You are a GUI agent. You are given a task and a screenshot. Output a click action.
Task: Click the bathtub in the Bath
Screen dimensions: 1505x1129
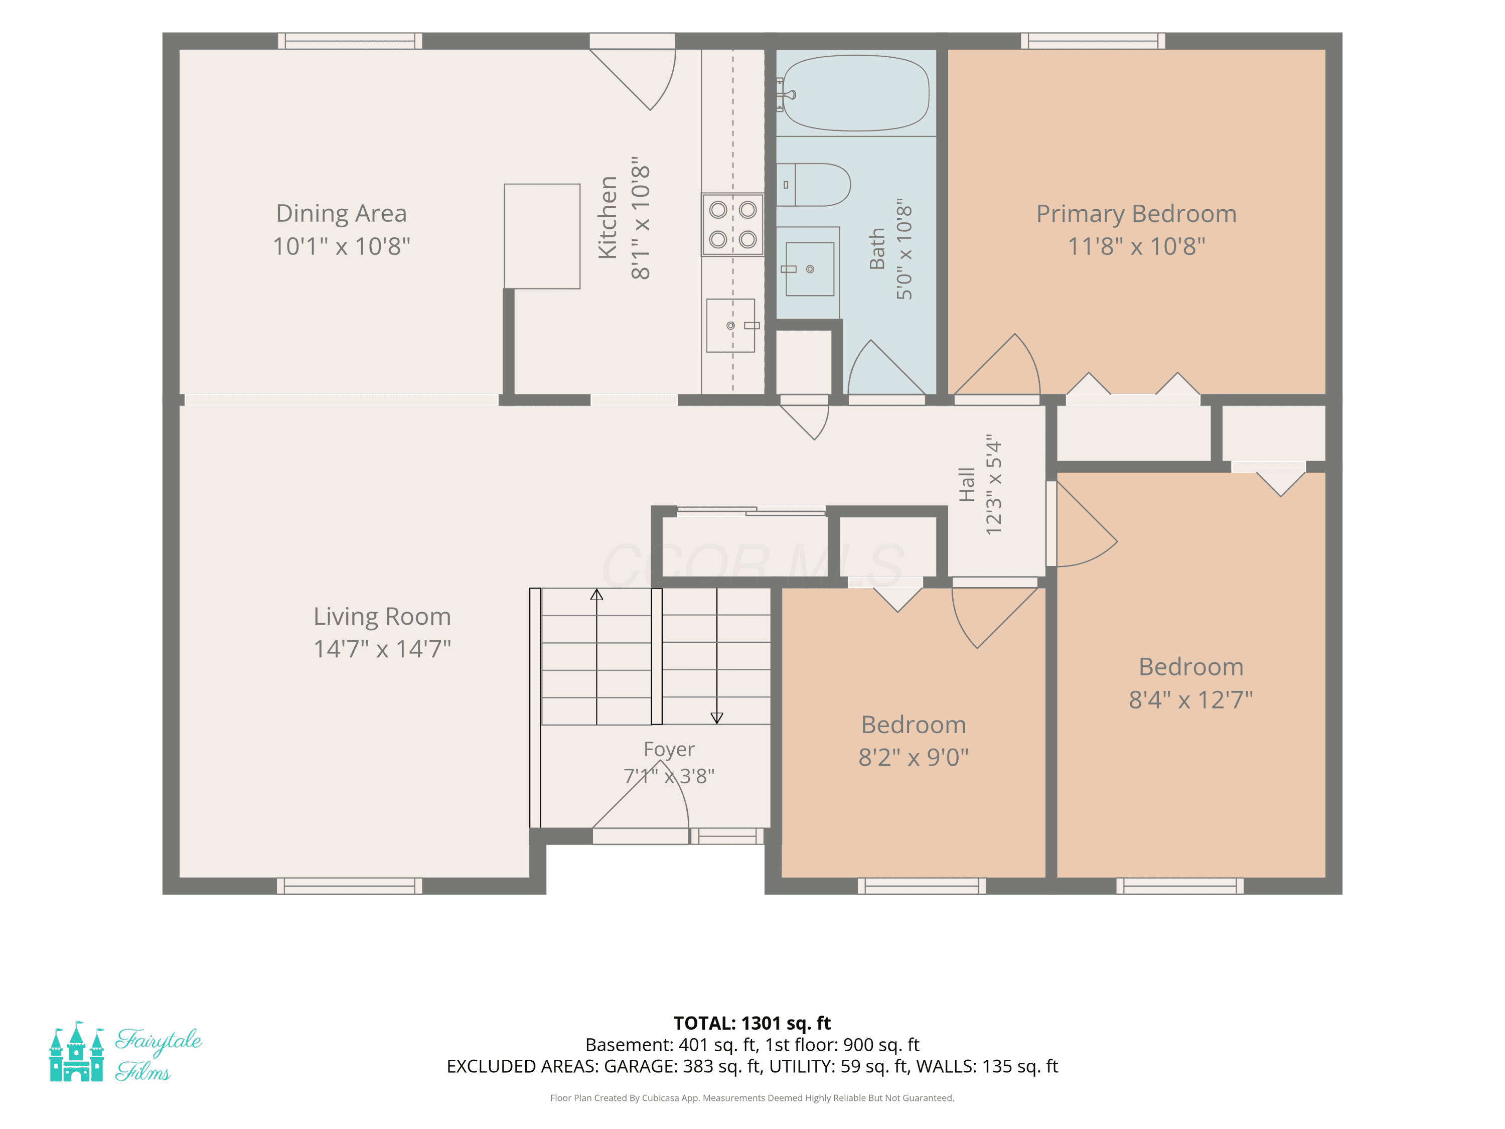856,93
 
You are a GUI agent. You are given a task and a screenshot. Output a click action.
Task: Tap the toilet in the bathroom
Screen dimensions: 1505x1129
813,185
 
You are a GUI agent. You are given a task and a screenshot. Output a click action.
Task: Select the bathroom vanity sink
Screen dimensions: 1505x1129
810,269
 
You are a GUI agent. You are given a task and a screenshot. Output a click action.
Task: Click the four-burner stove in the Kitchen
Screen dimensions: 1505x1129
733,225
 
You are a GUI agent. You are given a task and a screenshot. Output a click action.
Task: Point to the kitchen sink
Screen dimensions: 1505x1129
731,325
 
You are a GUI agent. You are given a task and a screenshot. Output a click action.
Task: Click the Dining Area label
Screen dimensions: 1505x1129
342,213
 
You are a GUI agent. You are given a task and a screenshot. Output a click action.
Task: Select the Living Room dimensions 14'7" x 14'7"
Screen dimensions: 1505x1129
382,648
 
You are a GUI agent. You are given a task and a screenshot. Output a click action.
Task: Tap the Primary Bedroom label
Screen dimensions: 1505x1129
1136,214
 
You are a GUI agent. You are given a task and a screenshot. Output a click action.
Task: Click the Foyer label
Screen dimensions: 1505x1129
670,749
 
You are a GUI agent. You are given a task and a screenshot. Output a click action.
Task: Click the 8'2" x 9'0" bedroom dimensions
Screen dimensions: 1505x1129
914,757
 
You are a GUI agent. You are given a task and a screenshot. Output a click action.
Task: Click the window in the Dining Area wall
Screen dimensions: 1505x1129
350,41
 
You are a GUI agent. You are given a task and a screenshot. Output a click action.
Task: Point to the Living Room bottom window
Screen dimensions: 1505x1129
350,886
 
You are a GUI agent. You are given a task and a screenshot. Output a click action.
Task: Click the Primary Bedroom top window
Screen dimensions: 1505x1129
1093,41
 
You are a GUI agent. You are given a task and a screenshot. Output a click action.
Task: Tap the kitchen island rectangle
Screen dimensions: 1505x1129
542,236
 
